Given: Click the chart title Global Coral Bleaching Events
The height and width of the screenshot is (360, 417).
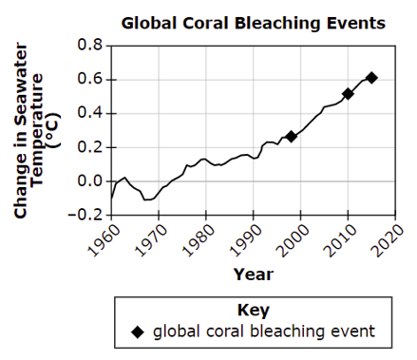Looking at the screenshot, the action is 254,24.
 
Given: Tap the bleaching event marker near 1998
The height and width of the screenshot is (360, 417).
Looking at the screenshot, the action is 291,137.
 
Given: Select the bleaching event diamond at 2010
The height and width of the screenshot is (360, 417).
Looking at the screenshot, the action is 348,94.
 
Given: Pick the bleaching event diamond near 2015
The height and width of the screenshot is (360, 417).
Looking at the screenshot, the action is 371,78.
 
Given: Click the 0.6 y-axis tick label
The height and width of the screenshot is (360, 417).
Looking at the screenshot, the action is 90,79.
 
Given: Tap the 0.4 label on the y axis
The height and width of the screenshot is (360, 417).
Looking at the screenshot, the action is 90,113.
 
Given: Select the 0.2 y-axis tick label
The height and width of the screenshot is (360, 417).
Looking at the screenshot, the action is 90,147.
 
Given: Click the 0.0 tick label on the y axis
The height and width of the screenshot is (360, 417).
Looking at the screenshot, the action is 90,181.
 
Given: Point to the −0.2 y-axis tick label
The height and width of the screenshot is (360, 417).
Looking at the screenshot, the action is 85,215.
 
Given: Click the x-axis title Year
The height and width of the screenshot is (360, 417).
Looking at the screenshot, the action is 254,275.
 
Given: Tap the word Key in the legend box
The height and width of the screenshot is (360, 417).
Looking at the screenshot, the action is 254,311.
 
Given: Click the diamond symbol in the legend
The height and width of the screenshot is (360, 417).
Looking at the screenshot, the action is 138,332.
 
